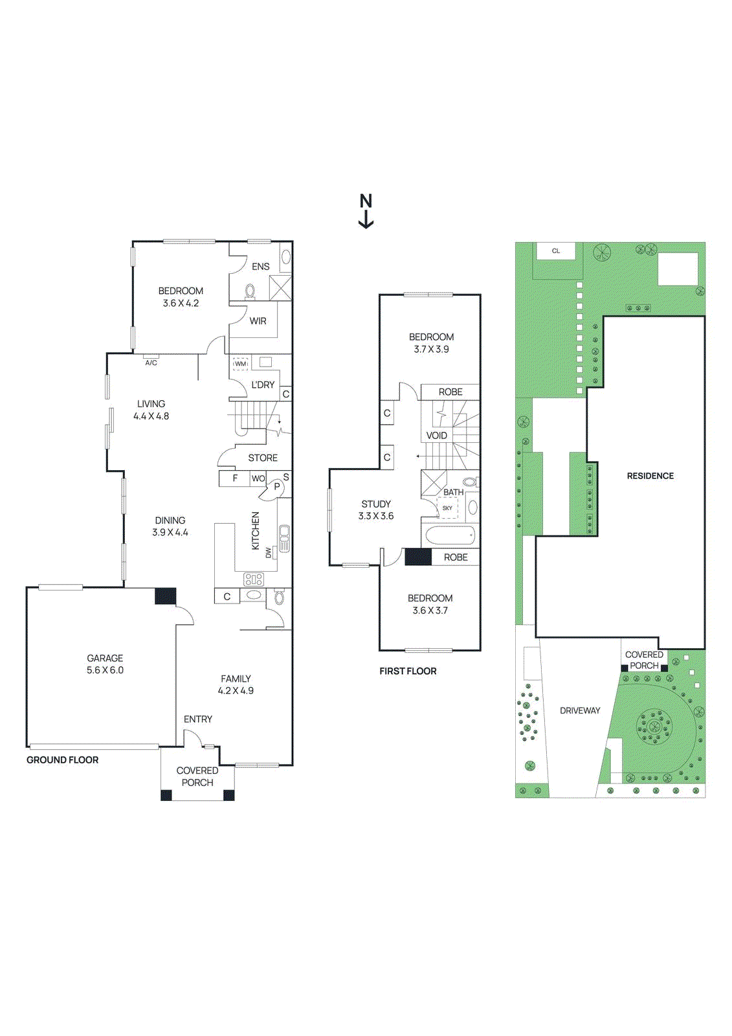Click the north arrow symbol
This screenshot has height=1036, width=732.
(366, 211)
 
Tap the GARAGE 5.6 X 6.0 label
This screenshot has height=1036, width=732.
(105, 664)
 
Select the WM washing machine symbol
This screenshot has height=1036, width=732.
(241, 364)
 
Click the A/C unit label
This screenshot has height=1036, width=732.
(151, 363)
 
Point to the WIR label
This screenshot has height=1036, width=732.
(258, 321)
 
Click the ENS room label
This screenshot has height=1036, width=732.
(260, 267)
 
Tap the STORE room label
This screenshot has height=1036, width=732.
(263, 458)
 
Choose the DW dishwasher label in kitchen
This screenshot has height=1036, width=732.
(269, 552)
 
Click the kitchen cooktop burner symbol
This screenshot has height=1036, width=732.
(254, 579)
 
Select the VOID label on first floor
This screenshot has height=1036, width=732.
(436, 435)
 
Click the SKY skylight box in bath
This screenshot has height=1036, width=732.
(448, 508)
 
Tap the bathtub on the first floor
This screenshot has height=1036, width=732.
(450, 536)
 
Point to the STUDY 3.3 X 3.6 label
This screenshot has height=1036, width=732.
(376, 510)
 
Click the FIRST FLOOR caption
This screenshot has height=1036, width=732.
(408, 671)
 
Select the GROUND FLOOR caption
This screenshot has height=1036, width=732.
(62, 760)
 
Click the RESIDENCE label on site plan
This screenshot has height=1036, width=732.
(650, 476)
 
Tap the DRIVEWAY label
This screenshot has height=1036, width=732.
(580, 711)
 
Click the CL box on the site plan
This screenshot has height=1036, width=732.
(556, 251)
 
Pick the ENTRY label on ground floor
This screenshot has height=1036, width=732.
(197, 719)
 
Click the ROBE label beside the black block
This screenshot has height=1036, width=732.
(456, 557)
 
